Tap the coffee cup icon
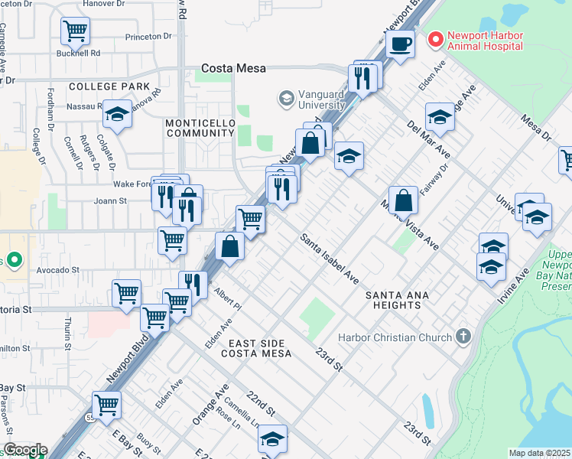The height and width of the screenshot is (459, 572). coord(400,44)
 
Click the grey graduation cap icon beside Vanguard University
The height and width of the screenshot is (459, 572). coord(286,98)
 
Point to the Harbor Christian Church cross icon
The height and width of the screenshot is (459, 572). coord(462,337)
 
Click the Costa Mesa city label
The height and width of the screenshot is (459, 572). coord(233,68)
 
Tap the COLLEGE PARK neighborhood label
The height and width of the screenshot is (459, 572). coord(109,86)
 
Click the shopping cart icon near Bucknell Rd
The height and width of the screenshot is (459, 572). coord(76,31)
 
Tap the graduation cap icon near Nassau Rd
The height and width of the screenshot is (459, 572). coord(116,114)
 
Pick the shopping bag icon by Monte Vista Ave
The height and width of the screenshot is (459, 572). coord(403,201)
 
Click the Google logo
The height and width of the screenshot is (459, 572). coord(24,450)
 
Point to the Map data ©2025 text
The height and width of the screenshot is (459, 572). coord(539,453)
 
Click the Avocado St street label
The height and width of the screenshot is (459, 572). coord(58,270)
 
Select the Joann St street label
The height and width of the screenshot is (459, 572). coord(110,201)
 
